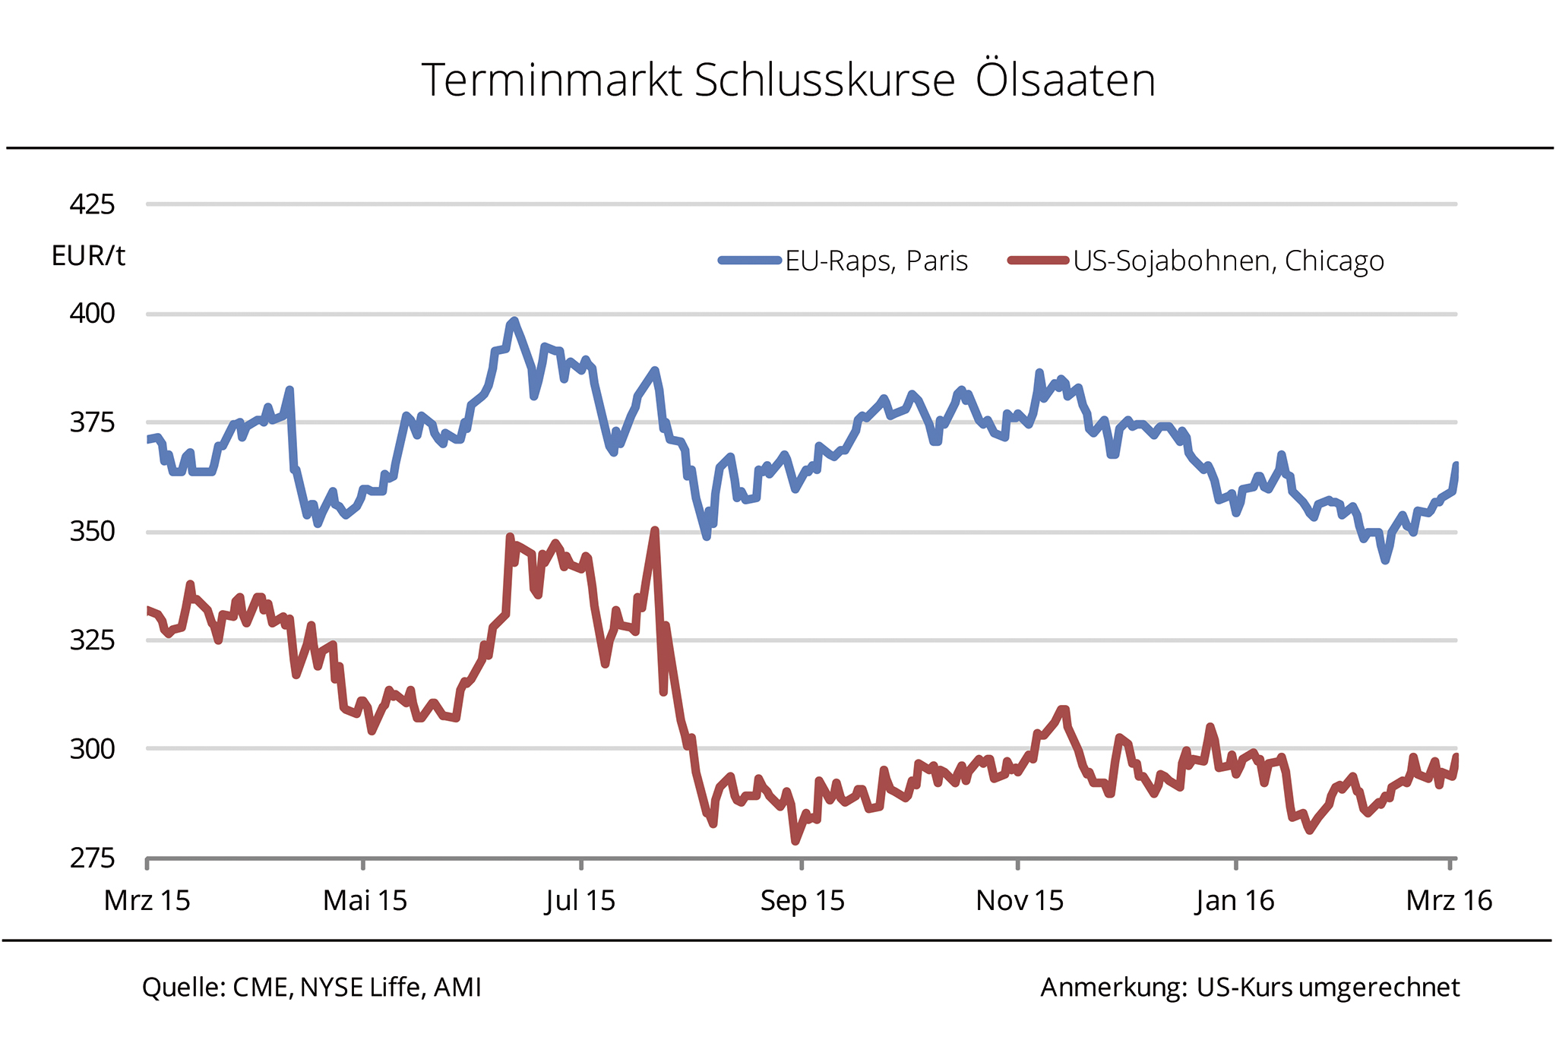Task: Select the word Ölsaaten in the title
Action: [x=1065, y=80]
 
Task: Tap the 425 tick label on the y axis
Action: [x=92, y=204]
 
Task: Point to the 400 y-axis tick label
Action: [x=92, y=313]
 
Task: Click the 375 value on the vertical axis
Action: [x=92, y=422]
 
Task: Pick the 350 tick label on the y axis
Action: [x=92, y=531]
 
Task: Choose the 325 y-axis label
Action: [x=92, y=640]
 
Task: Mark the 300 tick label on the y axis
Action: [x=92, y=749]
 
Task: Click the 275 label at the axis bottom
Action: [x=92, y=858]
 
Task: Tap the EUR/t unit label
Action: [x=88, y=256]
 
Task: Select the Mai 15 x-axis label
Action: [x=365, y=901]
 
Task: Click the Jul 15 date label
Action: [x=580, y=901]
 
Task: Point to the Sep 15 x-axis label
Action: [x=802, y=901]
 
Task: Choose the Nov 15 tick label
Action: [x=1020, y=901]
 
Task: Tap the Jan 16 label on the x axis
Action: [x=1235, y=901]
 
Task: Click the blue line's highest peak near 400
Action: [x=514, y=321]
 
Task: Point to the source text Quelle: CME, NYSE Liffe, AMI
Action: [x=312, y=987]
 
